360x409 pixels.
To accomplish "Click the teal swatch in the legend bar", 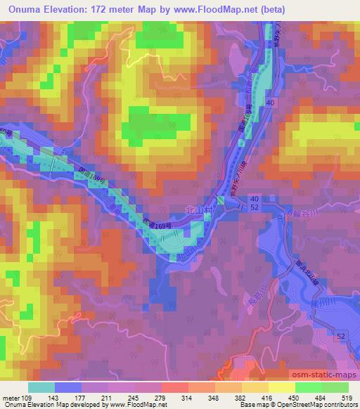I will click(x=41, y=387).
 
